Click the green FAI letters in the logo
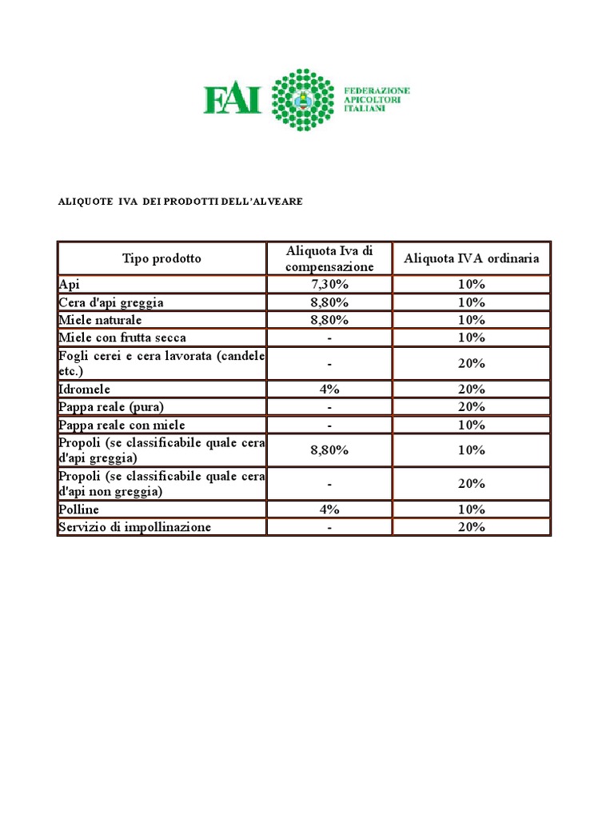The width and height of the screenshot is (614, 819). (x=232, y=100)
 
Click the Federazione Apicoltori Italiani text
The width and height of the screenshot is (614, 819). (x=376, y=99)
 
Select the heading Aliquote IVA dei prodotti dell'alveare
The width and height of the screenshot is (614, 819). (x=181, y=202)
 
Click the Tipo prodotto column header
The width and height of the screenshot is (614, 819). (x=161, y=258)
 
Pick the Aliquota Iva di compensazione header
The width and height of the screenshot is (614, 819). (x=329, y=258)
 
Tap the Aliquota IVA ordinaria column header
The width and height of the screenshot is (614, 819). (x=472, y=258)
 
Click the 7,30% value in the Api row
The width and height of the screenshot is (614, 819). (x=329, y=285)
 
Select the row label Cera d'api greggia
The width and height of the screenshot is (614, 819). (x=111, y=302)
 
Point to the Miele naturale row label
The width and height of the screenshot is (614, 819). (x=102, y=320)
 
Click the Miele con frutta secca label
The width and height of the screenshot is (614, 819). (x=122, y=338)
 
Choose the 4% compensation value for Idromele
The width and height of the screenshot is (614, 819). (x=329, y=390)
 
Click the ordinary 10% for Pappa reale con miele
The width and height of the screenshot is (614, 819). (x=472, y=425)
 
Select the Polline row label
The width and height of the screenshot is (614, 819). (x=79, y=509)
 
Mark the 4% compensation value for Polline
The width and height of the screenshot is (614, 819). (x=329, y=509)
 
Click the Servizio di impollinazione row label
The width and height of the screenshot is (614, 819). (x=135, y=527)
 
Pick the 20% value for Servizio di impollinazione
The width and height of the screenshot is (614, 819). (x=472, y=527)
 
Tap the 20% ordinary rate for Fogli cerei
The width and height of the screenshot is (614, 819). (x=472, y=363)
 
